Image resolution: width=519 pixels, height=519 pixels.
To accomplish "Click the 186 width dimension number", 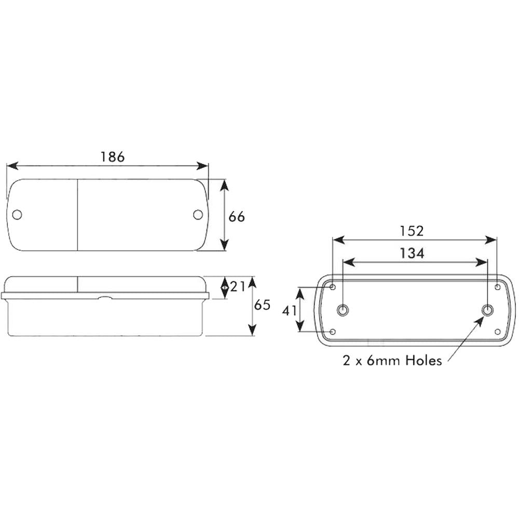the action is pos(113,157).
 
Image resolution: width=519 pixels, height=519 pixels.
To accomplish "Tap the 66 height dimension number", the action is pos(237,217).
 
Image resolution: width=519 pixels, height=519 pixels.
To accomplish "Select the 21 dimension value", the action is pos(238,286).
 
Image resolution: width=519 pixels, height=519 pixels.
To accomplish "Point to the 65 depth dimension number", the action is pos(262,305).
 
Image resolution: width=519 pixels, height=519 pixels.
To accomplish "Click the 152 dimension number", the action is pos(412,231).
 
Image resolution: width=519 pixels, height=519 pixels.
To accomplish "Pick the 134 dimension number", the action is pos(412,254).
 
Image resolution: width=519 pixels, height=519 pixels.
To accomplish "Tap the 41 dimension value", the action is pos(290,310).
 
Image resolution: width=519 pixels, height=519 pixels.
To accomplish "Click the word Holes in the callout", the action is pos(424,360).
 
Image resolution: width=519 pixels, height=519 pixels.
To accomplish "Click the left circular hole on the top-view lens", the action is pos(17,214).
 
